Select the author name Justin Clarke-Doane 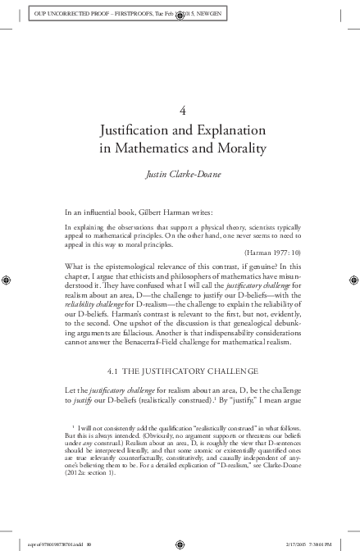click(180, 174)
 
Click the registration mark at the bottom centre click(180, 541)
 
